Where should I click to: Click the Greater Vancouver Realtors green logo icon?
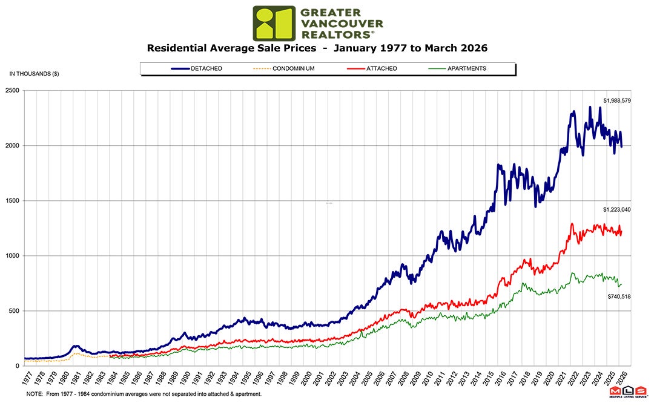click(x=274, y=24)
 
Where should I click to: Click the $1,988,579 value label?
click(x=617, y=100)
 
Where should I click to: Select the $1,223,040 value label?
click(x=617, y=209)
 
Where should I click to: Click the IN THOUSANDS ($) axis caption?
click(x=34, y=74)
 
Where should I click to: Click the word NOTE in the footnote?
click(x=34, y=394)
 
